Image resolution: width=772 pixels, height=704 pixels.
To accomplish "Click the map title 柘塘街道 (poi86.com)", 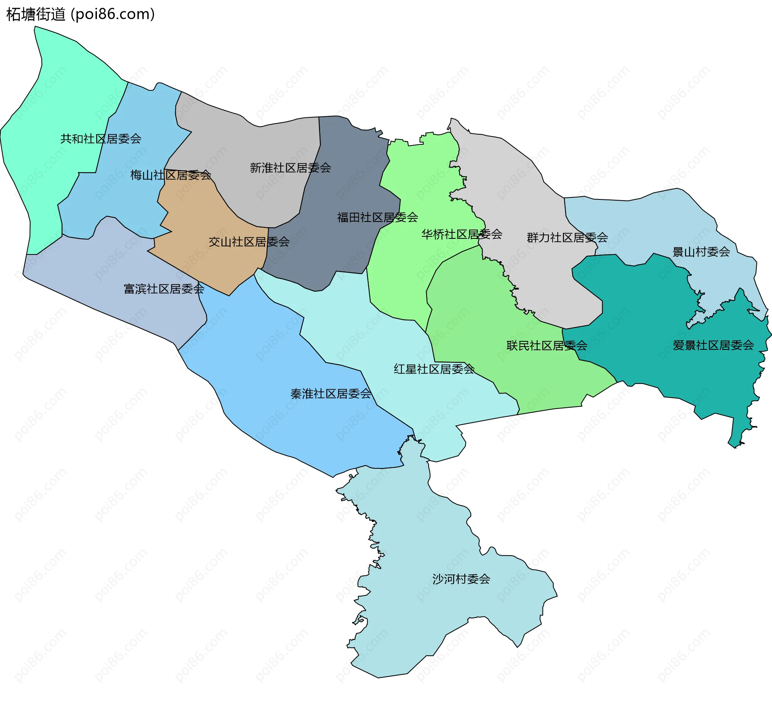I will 80,14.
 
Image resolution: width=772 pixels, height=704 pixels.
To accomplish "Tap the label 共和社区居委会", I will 101,139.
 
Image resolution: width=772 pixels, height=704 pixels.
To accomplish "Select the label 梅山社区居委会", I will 170,175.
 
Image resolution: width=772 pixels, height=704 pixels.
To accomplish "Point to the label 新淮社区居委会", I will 290,168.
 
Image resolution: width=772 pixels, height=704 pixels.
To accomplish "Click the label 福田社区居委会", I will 377,218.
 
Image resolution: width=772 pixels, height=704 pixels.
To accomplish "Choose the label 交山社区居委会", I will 249,242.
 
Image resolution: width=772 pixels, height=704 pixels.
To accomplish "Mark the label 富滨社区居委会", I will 164,289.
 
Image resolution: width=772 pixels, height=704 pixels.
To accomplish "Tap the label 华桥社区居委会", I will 462,234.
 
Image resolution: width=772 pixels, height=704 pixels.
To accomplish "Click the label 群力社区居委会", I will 567,237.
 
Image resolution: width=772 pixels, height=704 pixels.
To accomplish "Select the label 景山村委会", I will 701,252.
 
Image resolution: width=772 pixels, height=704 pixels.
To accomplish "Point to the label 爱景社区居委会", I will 713,345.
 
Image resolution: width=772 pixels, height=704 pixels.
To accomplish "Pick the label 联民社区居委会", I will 546,345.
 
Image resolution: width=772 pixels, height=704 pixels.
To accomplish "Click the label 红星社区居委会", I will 434,369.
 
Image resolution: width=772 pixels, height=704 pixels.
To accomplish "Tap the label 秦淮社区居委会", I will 331,394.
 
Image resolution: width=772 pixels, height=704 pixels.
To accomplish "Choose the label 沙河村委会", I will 461,579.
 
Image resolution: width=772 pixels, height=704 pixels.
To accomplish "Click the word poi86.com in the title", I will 113,14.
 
